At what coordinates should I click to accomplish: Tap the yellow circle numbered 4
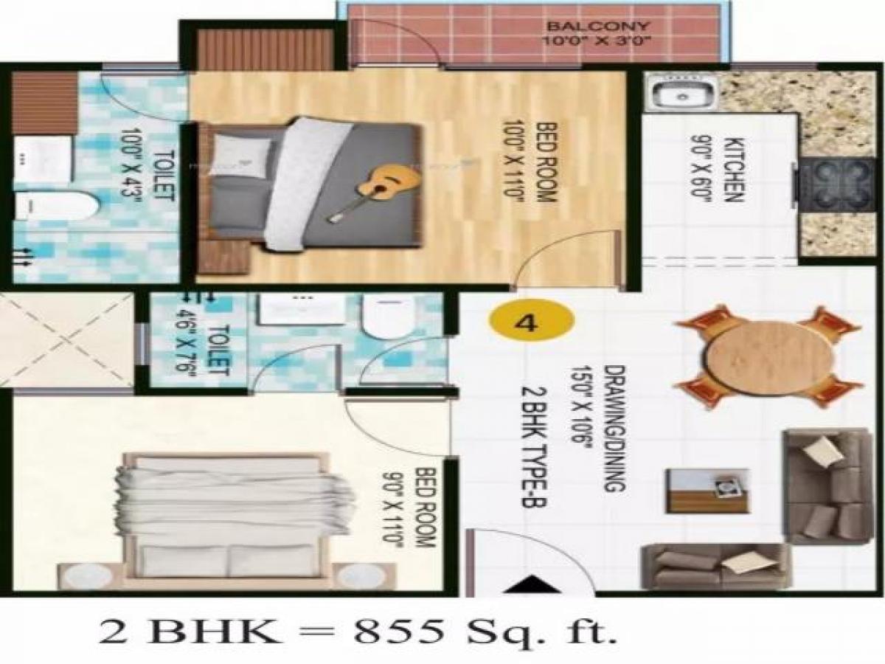pyautogui.click(x=531, y=322)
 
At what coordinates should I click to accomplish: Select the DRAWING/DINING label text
pyautogui.click(x=614, y=428)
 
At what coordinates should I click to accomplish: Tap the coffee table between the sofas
pyautogui.click(x=707, y=490)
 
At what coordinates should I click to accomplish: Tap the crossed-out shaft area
pyautogui.click(x=66, y=339)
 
